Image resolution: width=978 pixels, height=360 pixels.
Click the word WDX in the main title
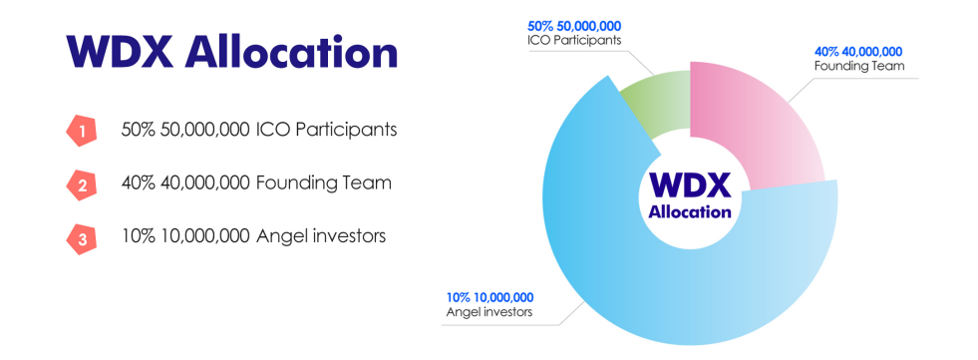pos(119,53)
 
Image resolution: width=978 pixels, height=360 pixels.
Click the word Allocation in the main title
pos(291,52)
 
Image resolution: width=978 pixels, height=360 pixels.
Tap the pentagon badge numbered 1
pos(82,131)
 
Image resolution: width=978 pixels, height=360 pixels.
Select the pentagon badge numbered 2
pos(82,184)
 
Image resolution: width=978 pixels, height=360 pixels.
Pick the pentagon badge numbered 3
pos(82,237)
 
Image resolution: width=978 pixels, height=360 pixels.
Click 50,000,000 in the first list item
pos(204,131)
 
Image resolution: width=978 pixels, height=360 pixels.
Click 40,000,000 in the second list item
pos(204,183)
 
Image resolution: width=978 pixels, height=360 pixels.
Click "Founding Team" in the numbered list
pos(324,183)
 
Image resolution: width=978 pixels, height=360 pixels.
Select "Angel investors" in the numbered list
pos(321,236)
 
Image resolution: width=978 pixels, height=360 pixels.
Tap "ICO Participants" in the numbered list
pos(326,131)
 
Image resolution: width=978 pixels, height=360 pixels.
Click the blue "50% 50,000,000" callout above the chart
pos(574,27)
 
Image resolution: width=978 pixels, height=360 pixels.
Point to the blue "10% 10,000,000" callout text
pos(490,297)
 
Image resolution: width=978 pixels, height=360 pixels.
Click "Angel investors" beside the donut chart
pos(489,312)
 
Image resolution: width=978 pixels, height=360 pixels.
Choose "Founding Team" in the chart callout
pos(859,66)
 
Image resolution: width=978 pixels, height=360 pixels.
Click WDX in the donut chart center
pos(690,185)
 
